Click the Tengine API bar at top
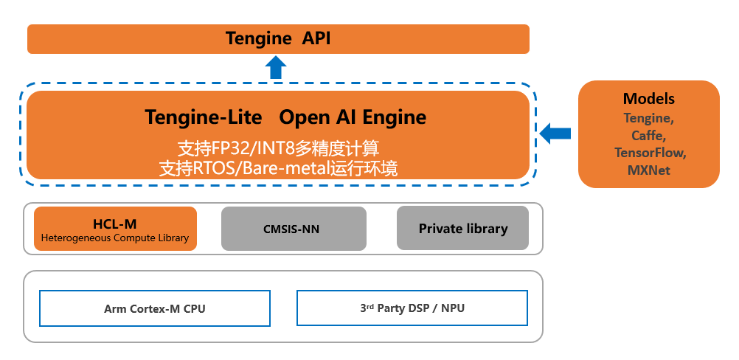pos(278,39)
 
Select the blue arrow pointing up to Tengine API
pos(275,68)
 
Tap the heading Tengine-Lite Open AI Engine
pos(285,117)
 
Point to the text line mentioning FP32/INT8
pos(279,147)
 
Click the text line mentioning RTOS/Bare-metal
pos(279,168)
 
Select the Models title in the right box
pos(648,99)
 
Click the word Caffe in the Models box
pos(648,135)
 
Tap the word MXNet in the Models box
pos(649,170)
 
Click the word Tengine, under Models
pos(649,117)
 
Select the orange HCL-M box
pos(115,229)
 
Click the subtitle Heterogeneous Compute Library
pos(115,238)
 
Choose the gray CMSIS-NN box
pos(294,229)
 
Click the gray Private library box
pos(462,229)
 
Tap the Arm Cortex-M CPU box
pos(155,308)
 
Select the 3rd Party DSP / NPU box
pos(412,308)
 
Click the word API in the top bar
pos(316,38)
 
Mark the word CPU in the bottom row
pos(194,309)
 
